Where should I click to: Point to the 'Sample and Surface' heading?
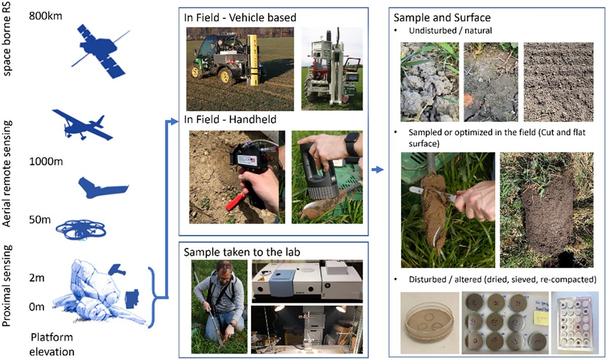442,18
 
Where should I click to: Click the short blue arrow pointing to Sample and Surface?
377,171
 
